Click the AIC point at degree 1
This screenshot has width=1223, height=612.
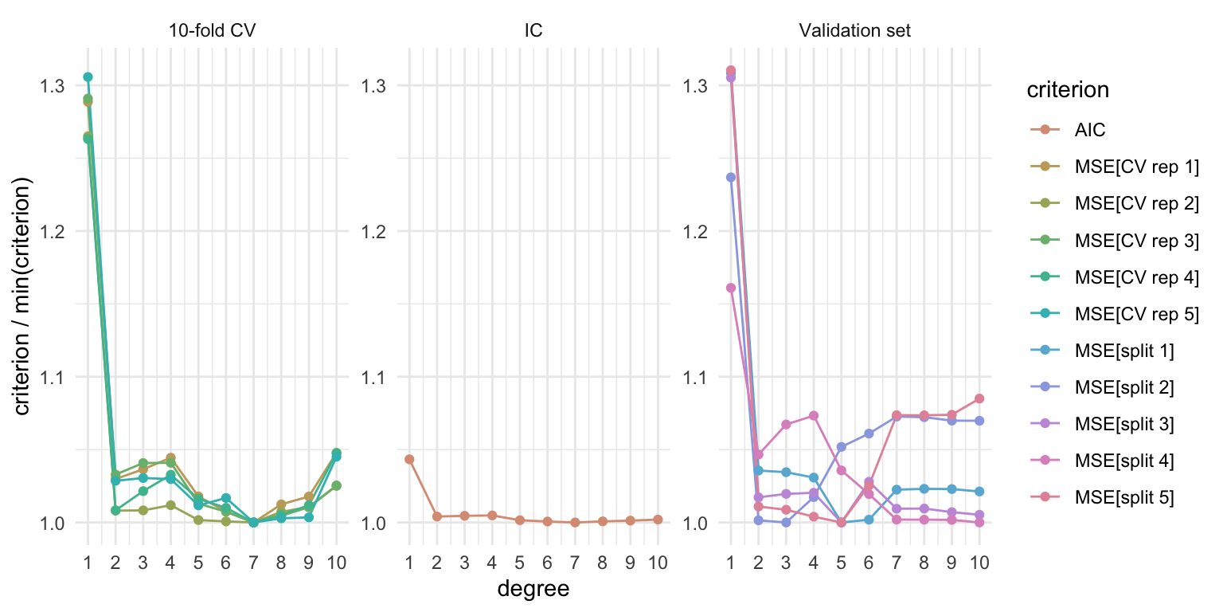(409, 459)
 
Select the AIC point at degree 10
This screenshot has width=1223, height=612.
(658, 520)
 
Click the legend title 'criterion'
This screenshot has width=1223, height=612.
(1068, 90)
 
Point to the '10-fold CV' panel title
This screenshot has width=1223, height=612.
(212, 30)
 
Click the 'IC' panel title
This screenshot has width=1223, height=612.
(533, 30)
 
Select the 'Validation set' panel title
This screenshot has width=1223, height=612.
(854, 30)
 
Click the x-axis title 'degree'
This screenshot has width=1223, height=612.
(533, 589)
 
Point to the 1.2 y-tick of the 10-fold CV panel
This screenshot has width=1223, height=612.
(54, 231)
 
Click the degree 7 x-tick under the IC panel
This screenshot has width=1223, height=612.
(575, 563)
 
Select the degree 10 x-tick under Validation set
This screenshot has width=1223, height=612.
(979, 563)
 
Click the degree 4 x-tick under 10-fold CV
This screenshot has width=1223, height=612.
(170, 563)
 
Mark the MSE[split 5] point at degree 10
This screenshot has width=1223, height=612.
(979, 398)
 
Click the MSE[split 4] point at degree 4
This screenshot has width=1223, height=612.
(814, 415)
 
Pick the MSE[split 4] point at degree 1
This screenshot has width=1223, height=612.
(731, 288)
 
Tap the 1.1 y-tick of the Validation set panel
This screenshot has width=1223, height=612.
(696, 377)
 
